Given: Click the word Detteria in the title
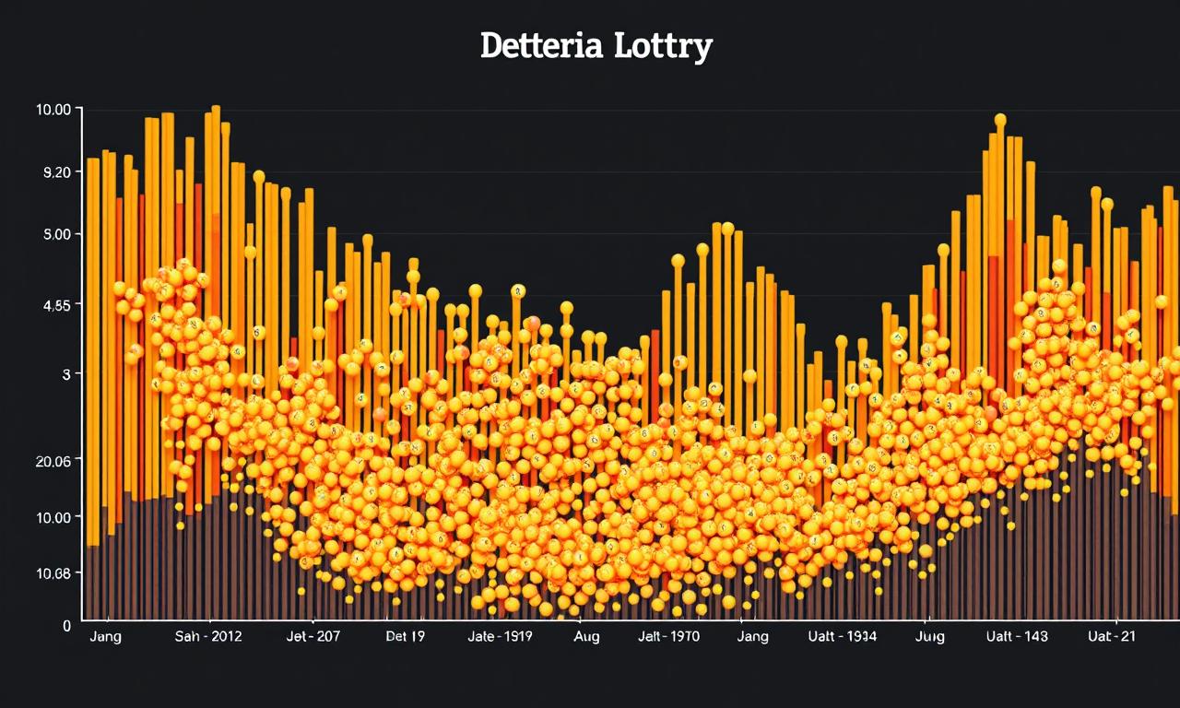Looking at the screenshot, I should [539, 45].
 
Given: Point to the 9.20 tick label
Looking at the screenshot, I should [52, 171].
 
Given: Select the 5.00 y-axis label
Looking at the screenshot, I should [52, 234].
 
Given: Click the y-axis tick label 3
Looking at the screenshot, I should [66, 373].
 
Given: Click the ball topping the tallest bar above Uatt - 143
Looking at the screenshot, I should [1000, 121].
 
